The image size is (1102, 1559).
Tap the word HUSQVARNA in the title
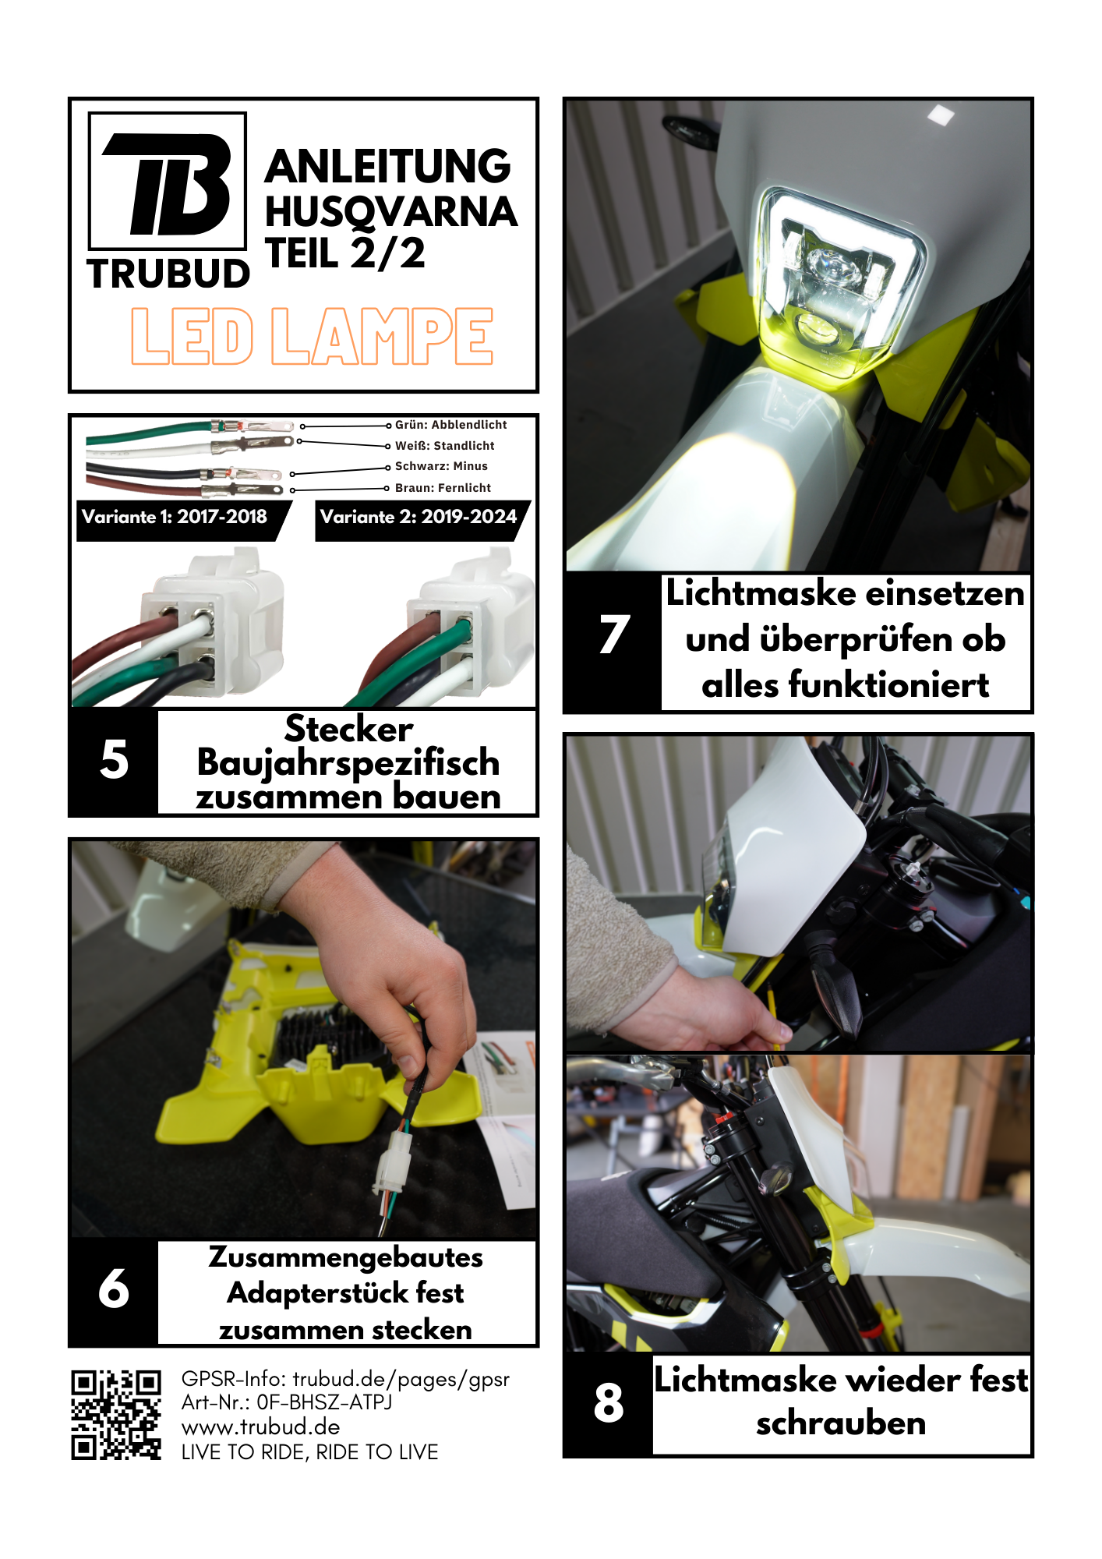[391, 212]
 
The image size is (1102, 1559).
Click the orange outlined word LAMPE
[382, 336]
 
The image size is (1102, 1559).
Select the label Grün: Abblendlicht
[450, 425]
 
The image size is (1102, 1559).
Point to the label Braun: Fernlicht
[443, 488]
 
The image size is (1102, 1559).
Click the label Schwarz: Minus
[441, 466]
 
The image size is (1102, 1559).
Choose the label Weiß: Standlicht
[444, 446]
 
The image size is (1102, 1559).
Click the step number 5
[114, 760]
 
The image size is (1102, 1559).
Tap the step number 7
[614, 634]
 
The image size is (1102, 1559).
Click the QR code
[116, 1415]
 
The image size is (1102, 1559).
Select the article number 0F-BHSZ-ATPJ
[324, 1402]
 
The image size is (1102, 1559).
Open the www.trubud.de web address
[261, 1427]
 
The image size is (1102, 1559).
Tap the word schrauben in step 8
[841, 1424]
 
